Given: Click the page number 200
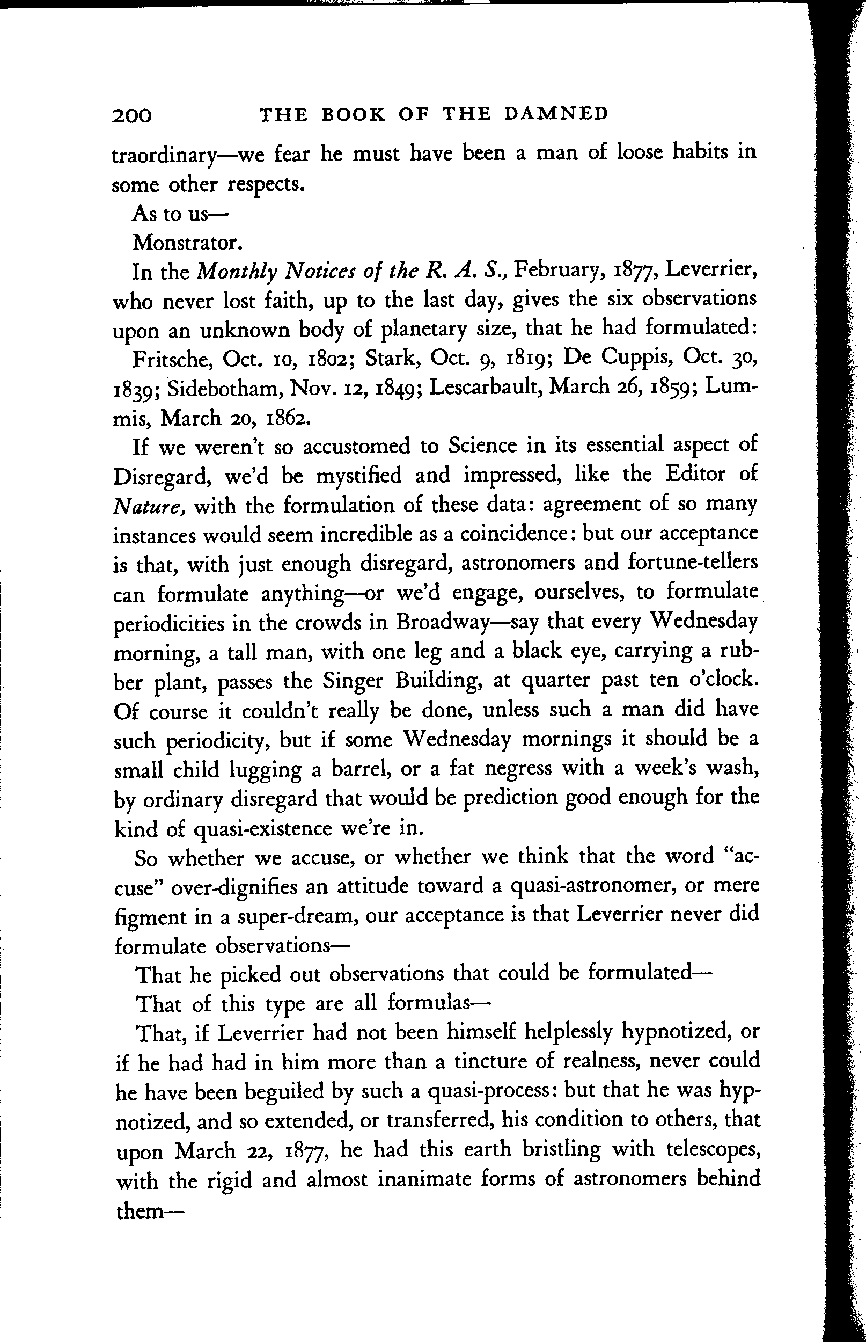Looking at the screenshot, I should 132,115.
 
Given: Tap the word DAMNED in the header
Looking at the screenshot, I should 556,114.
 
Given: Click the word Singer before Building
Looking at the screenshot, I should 353,681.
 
